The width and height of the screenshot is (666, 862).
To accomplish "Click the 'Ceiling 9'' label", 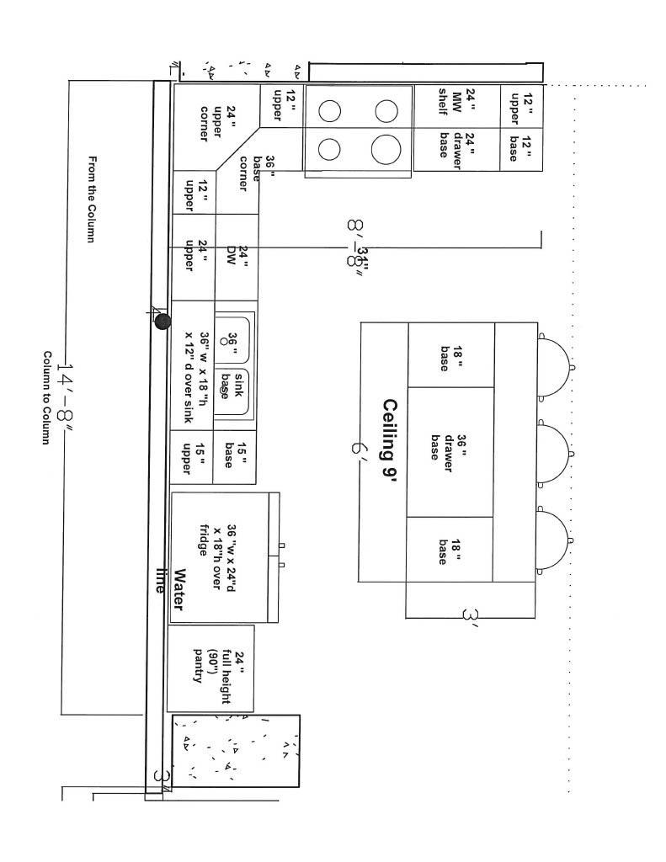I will point(388,439).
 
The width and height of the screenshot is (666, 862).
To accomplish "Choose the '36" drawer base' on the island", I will point(450,453).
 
